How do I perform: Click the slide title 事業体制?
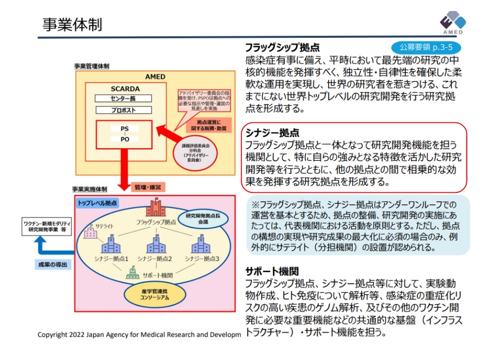[x=72, y=25]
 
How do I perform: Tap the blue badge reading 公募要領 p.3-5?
[x=421, y=47]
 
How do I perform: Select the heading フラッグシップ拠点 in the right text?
[x=282, y=47]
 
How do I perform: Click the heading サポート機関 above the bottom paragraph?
[x=272, y=272]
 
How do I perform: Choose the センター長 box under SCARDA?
[x=124, y=98]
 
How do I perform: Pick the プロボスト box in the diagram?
[x=124, y=110]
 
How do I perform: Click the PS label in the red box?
[x=125, y=129]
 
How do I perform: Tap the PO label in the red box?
[x=125, y=139]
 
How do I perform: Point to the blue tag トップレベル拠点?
[x=98, y=202]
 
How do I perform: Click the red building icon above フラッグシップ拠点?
[x=156, y=206]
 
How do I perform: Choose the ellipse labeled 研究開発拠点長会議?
[x=201, y=218]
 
